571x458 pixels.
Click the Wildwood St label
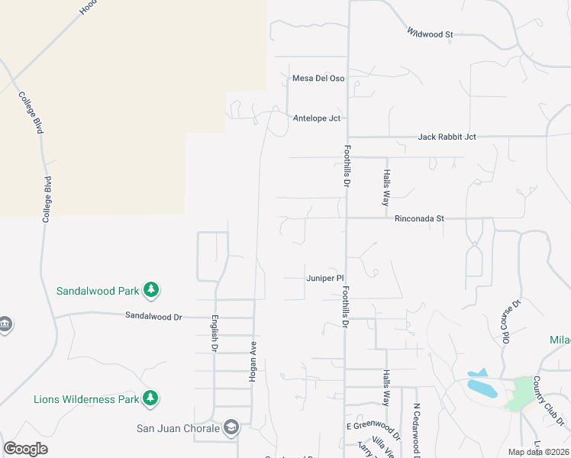pyautogui.click(x=431, y=34)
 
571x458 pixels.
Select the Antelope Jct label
pyautogui.click(x=316, y=118)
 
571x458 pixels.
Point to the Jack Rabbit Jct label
pyautogui.click(x=447, y=137)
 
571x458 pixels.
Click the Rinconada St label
pyautogui.click(x=419, y=218)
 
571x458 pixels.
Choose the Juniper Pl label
pyautogui.click(x=325, y=279)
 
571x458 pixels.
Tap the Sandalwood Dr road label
pyautogui.click(x=154, y=315)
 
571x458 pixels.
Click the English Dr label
pyautogui.click(x=215, y=334)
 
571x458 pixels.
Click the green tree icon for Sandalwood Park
pyautogui.click(x=152, y=290)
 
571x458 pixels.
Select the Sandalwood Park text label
pyautogui.click(x=98, y=291)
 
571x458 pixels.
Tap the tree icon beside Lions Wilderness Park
pyautogui.click(x=151, y=398)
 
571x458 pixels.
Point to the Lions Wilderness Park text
pyautogui.click(x=86, y=398)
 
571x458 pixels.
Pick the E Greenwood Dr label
pyautogui.click(x=373, y=426)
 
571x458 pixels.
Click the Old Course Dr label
pyautogui.click(x=510, y=321)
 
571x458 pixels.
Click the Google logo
pyautogui.click(x=25, y=449)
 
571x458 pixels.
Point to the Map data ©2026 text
pyautogui.click(x=537, y=452)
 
